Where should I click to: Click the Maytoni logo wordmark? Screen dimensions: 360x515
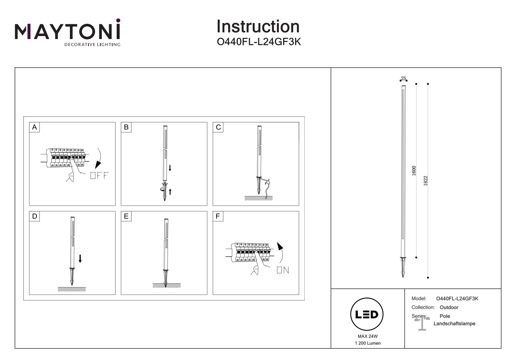click(x=67, y=32)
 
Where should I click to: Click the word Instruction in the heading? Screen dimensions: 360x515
click(x=258, y=27)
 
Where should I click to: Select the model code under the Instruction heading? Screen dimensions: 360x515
click(x=259, y=42)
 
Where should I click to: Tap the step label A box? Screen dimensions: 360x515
click(x=35, y=127)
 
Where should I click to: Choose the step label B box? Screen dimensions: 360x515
click(x=126, y=127)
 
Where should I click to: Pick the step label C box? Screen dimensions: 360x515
click(x=218, y=127)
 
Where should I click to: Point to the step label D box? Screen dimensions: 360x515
click(x=35, y=216)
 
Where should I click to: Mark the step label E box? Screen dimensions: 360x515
click(x=126, y=216)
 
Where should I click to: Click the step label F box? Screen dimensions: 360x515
click(x=218, y=216)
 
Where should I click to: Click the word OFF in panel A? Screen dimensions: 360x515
click(x=100, y=176)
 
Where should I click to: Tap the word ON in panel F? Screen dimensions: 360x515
click(x=283, y=270)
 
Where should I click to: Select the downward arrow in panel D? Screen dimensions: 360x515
click(x=80, y=259)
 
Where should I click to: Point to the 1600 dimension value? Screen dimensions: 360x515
click(x=414, y=171)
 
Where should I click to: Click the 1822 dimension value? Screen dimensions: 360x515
click(x=426, y=181)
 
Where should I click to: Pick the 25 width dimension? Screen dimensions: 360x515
click(x=404, y=78)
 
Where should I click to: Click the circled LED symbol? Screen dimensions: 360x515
click(x=367, y=315)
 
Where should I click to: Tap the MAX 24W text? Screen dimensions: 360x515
click(x=367, y=336)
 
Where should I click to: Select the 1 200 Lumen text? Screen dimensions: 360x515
click(x=367, y=343)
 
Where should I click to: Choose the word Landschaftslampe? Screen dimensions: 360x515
click(x=454, y=324)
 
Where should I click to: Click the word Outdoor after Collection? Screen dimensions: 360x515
click(x=449, y=308)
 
